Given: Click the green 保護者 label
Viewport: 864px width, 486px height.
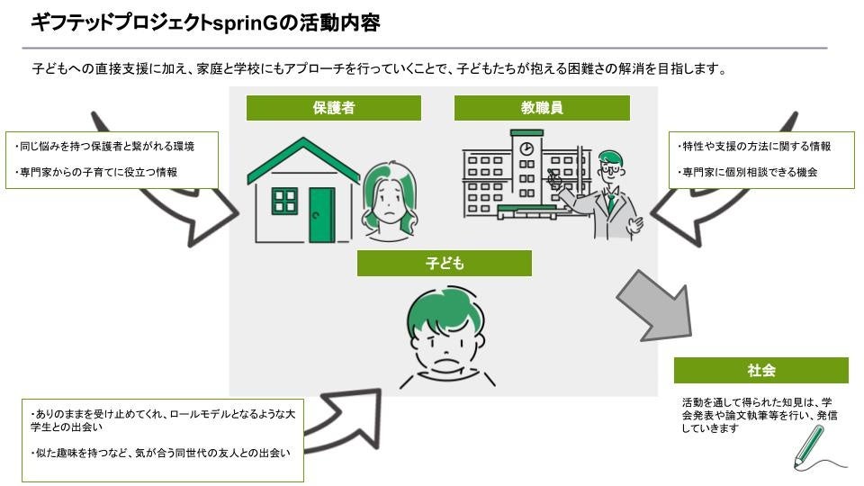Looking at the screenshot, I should [x=334, y=108].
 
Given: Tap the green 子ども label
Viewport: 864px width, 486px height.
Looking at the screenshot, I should [x=444, y=263].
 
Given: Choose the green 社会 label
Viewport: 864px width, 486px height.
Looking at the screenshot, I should [x=760, y=370].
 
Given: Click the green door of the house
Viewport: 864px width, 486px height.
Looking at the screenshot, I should [x=321, y=215].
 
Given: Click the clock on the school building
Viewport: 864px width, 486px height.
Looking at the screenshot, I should [x=526, y=148].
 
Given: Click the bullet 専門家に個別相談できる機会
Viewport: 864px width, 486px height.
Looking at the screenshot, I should [x=746, y=171].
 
